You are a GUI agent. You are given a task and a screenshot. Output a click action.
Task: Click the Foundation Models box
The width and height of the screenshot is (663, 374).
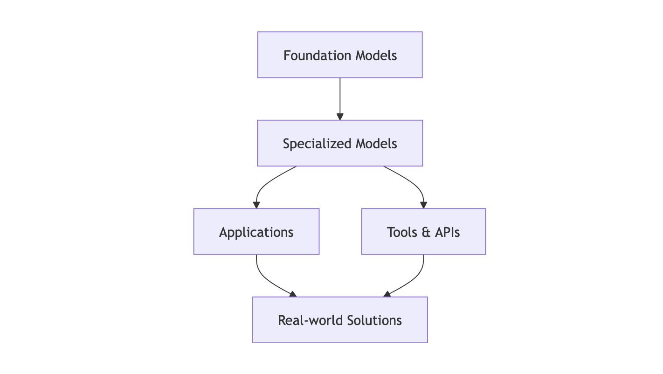coord(340,55)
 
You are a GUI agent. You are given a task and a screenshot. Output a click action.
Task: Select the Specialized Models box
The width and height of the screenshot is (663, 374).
coord(340,143)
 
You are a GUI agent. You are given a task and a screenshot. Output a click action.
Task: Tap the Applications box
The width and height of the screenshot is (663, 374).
coord(256,232)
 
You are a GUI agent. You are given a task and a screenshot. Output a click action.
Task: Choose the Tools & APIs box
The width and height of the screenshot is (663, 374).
coord(423,232)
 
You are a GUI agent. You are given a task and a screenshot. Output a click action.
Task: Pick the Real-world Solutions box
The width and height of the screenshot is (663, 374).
coord(340,320)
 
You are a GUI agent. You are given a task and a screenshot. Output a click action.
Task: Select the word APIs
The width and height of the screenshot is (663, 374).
coord(447,232)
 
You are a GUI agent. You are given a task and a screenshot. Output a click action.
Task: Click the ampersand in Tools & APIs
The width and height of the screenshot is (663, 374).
coord(426,232)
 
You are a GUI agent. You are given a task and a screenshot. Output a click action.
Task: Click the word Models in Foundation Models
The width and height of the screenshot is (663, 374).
coord(376,55)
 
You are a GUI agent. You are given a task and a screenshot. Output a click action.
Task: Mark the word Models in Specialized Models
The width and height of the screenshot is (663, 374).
coord(376,144)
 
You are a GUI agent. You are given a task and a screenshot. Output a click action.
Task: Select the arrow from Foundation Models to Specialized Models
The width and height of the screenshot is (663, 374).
coord(340,98)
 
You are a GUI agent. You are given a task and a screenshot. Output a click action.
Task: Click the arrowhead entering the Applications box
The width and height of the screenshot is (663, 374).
coord(256,205)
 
